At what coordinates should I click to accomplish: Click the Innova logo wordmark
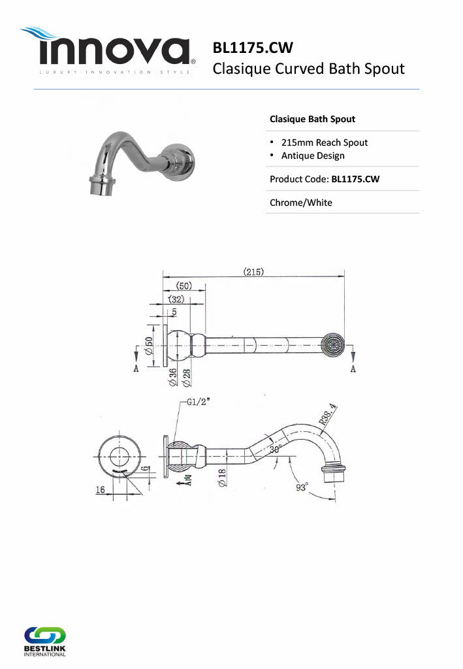(x=114, y=51)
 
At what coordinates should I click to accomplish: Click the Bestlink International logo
(x=45, y=642)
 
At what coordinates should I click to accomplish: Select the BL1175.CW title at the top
(x=253, y=48)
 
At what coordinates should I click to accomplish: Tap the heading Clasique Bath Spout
(x=313, y=119)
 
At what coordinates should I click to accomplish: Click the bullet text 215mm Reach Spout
(x=325, y=142)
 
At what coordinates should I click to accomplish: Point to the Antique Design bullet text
(x=313, y=155)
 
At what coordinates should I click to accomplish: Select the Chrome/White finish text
(x=301, y=203)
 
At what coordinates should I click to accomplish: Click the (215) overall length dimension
(x=253, y=272)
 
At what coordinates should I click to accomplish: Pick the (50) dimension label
(x=184, y=286)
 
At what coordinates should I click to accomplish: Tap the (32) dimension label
(x=176, y=299)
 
